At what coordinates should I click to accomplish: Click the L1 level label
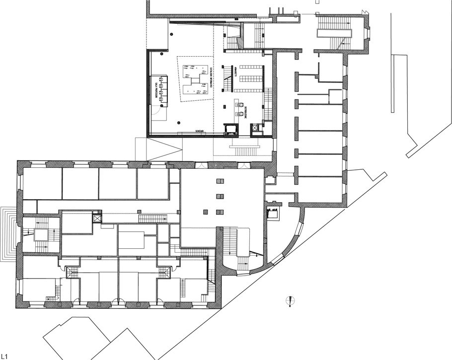(x=4, y=356)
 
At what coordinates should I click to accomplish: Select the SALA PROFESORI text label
(x=156, y=89)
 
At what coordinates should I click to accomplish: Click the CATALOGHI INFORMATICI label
(x=211, y=78)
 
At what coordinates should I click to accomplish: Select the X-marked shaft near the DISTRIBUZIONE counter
(x=256, y=128)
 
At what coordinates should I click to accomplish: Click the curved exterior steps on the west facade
(x=9, y=233)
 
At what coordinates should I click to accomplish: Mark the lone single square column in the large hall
(x=205, y=213)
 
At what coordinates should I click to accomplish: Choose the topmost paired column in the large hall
(x=220, y=181)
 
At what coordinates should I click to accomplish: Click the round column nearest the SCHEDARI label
(x=178, y=123)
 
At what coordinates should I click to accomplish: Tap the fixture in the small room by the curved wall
(x=272, y=214)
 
